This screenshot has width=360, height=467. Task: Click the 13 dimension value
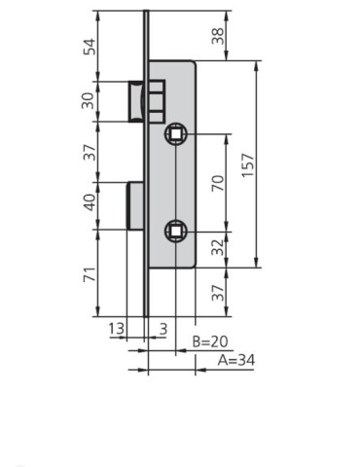[x=115, y=330]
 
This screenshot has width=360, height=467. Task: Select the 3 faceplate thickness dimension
[x=163, y=330]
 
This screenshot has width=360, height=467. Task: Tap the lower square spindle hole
[x=176, y=230]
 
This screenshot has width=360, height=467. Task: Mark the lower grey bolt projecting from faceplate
[x=137, y=204]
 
